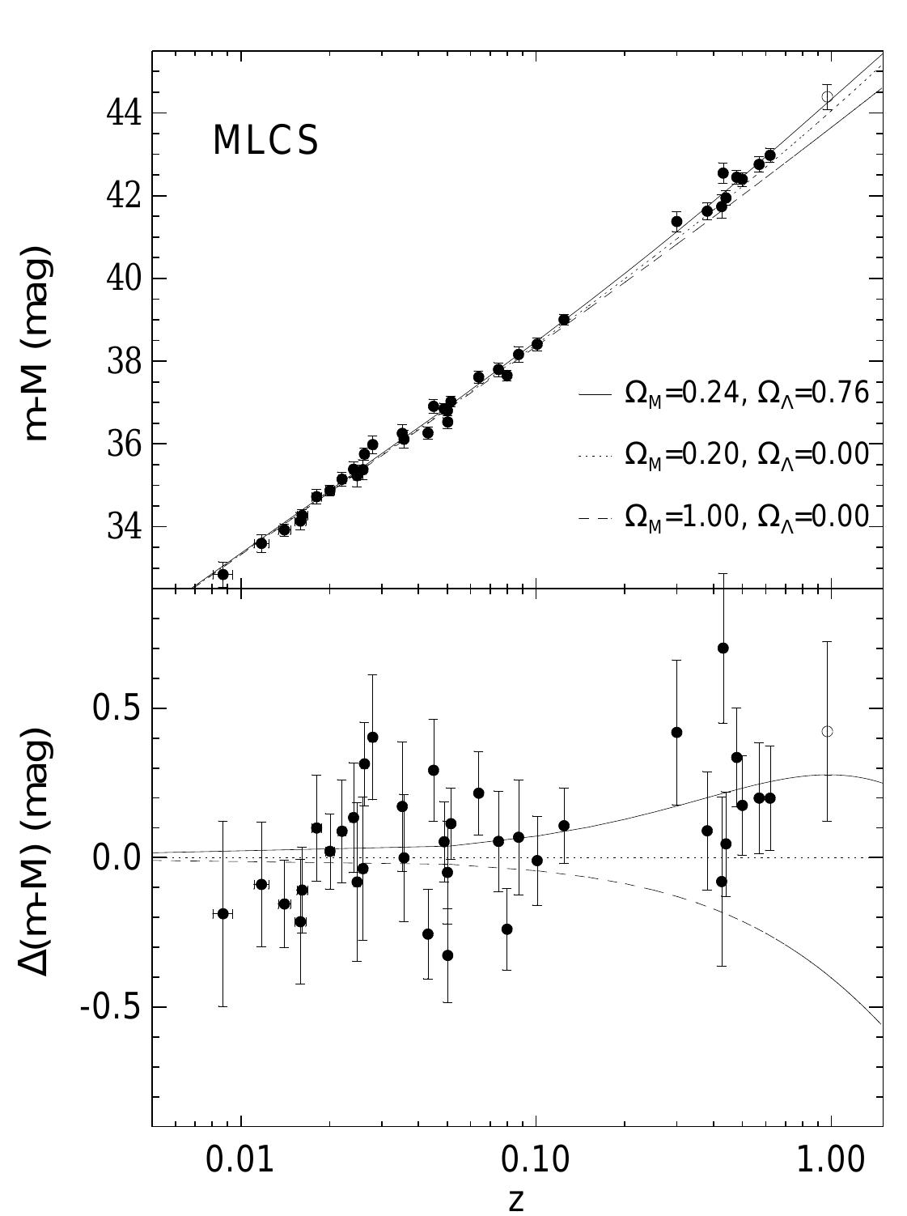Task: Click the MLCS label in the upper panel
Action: tap(265, 141)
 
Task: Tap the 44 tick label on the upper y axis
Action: tap(125, 113)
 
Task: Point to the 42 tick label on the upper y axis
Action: tap(125, 196)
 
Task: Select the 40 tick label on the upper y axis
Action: tap(125, 278)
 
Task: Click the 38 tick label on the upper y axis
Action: tap(125, 361)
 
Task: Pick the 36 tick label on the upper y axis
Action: tap(125, 444)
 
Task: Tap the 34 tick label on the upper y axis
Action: tap(125, 526)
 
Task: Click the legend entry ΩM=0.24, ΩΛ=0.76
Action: tap(746, 394)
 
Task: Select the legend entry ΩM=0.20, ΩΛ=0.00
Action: tap(746, 455)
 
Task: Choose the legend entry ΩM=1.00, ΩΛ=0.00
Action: tap(746, 517)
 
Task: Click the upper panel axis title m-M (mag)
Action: tap(38, 344)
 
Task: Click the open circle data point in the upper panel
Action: tap(827, 96)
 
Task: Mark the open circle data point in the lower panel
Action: tap(827, 731)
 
